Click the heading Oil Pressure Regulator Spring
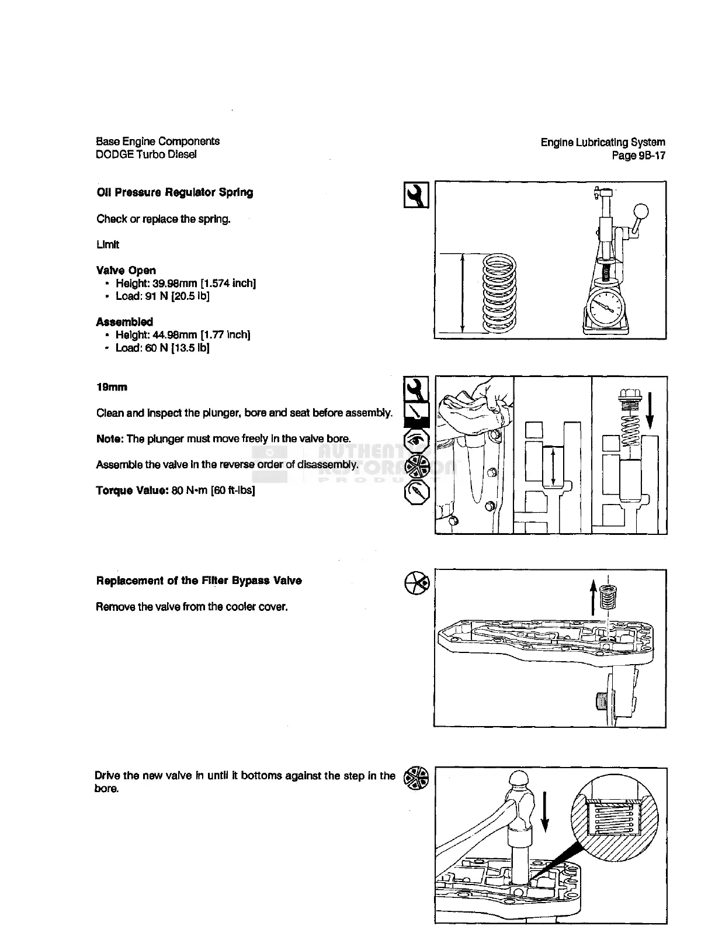pos(175,192)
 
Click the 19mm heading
pos(112,387)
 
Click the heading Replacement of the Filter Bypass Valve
pos(199,581)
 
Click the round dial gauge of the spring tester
pos(606,308)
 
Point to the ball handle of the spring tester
pos(641,211)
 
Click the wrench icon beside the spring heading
pos(416,195)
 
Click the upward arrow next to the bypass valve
pos(593,597)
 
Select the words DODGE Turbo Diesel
pos(147,154)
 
